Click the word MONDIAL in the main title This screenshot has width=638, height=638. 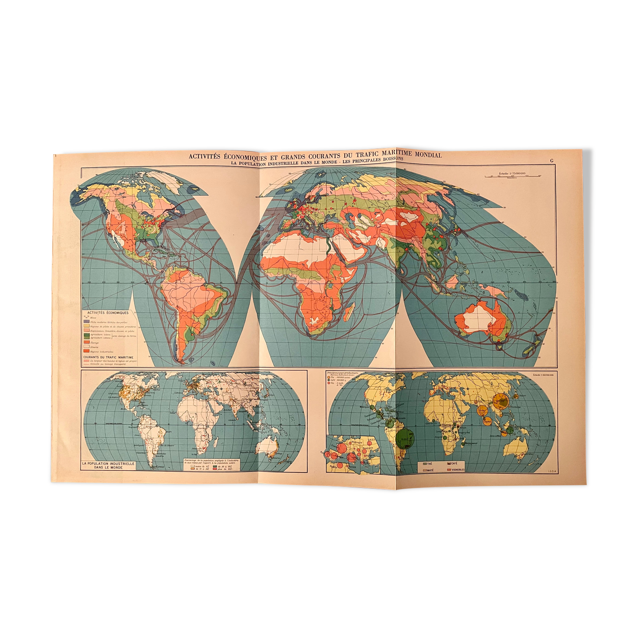(x=424, y=155)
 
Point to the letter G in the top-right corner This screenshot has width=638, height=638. (x=551, y=161)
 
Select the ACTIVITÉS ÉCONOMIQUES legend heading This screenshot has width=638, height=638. (x=108, y=313)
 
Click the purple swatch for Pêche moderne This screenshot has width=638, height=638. (x=86, y=322)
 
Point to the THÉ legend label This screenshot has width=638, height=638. (x=428, y=463)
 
